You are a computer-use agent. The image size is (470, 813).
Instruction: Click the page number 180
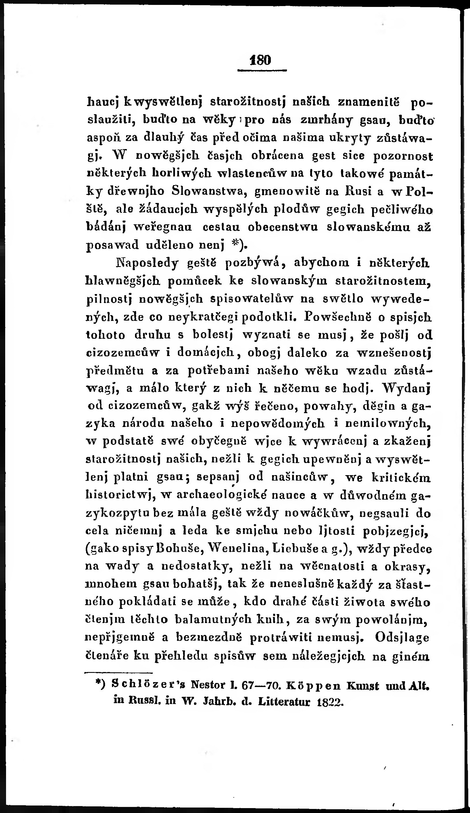[260, 60]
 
